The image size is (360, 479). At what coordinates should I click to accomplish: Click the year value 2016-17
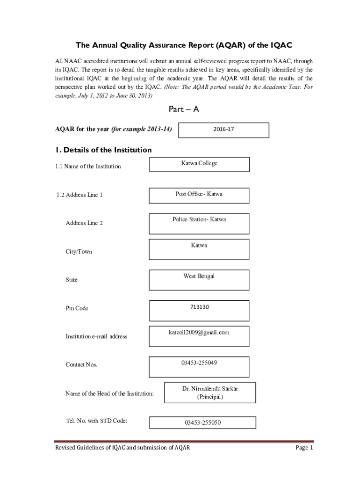click(224, 129)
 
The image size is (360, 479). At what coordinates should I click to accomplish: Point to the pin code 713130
click(199, 307)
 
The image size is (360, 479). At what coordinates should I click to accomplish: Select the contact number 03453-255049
click(199, 363)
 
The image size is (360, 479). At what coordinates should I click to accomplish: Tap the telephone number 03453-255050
click(202, 422)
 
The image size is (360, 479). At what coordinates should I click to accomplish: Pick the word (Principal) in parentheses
click(209, 397)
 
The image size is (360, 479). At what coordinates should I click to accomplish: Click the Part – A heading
click(184, 109)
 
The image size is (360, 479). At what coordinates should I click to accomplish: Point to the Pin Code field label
click(77, 308)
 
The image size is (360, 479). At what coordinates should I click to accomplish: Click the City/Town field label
click(79, 252)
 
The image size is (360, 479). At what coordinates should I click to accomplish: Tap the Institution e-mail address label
click(96, 336)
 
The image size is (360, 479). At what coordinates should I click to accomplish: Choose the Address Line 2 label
click(84, 223)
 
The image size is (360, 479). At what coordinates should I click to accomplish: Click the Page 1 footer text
click(304, 448)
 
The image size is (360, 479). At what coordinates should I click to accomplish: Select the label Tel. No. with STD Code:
click(97, 421)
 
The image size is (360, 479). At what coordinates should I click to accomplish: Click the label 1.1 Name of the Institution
click(88, 166)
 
